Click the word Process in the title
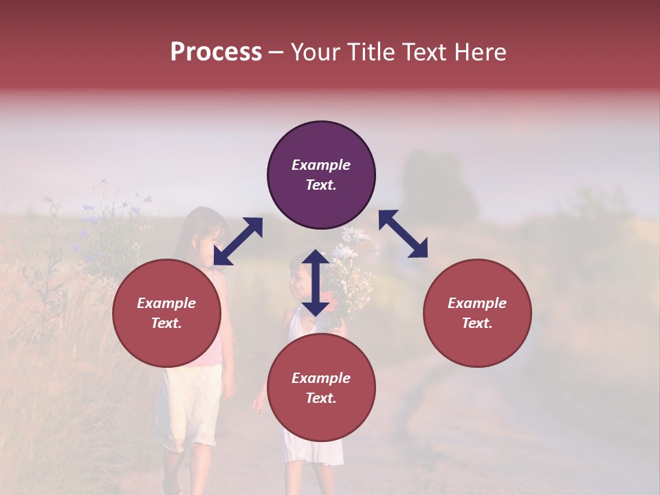point(216,52)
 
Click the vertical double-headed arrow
point(315,283)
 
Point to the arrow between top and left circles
point(238,241)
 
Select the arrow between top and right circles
point(403,234)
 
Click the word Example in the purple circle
point(321,165)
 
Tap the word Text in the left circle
point(166,323)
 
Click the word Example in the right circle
point(477,303)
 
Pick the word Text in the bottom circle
point(320,398)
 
